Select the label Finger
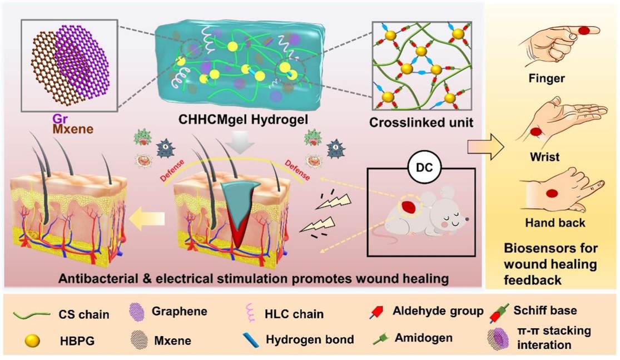pyautogui.click(x=547, y=78)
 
